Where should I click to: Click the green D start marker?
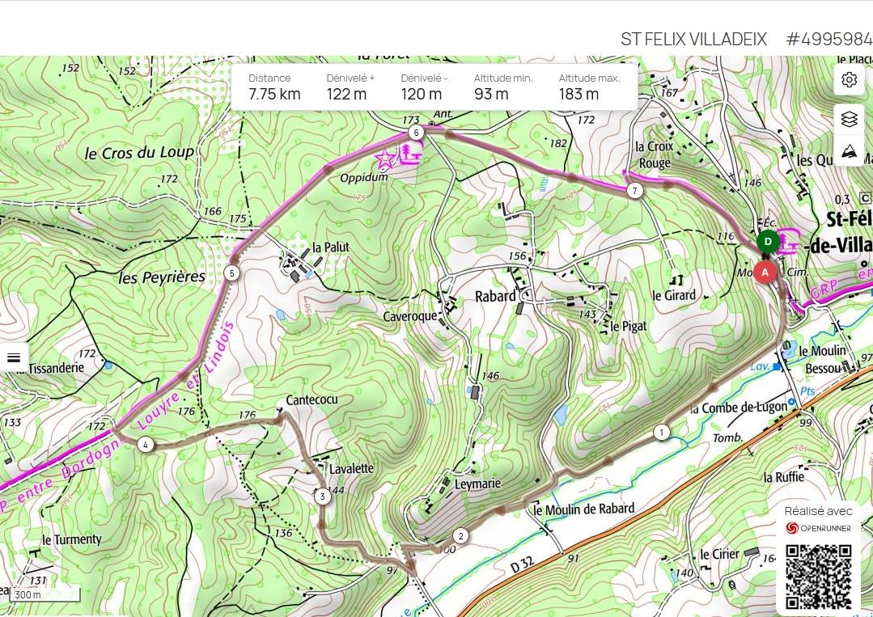[x=768, y=241]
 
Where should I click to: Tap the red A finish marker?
[x=765, y=273]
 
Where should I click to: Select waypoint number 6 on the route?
[x=416, y=132]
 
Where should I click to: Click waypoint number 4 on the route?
[x=145, y=444]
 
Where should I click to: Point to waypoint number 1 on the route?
[x=662, y=433]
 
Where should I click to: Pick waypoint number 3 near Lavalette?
[x=322, y=497]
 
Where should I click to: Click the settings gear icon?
[x=849, y=79]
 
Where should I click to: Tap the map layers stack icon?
[x=849, y=119]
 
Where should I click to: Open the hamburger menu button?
[x=14, y=357]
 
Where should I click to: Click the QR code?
[x=818, y=576]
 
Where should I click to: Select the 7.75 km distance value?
[x=274, y=94]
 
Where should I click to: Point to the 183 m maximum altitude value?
[x=578, y=94]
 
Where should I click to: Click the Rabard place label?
[x=495, y=296]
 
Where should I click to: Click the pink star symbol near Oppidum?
[x=385, y=159]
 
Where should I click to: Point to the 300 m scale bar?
[x=45, y=595]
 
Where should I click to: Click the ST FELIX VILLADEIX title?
[x=693, y=39]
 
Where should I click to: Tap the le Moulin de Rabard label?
[x=583, y=509]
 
